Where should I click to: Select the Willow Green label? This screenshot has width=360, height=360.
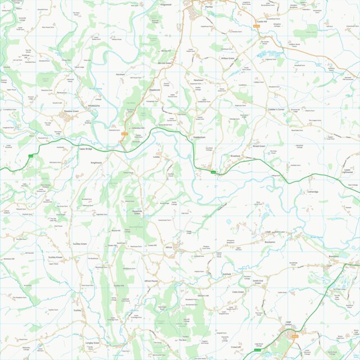pyautogui.click(x=227, y=58)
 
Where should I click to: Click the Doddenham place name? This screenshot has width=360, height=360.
pyautogui.click(x=200, y=137)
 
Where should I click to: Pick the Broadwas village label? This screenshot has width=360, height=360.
pyautogui.click(x=235, y=156)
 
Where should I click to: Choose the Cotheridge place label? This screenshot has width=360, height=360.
pyautogui.click(x=313, y=192)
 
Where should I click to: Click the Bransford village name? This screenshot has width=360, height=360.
pyautogui.click(x=334, y=256)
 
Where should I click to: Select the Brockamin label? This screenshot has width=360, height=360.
pyautogui.click(x=271, y=242)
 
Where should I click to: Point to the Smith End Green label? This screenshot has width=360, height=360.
pyautogui.click(x=257, y=281)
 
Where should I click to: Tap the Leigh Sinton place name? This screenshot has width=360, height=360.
pyautogui.click(x=288, y=323)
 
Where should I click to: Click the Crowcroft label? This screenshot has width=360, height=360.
pyautogui.click(x=236, y=347)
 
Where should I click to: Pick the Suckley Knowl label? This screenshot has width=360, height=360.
pyautogui.click(x=56, y=257)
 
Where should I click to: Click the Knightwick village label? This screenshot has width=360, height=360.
pyautogui.click(x=96, y=162)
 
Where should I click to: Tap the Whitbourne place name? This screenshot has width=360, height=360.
pyautogui.click(x=93, y=105)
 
